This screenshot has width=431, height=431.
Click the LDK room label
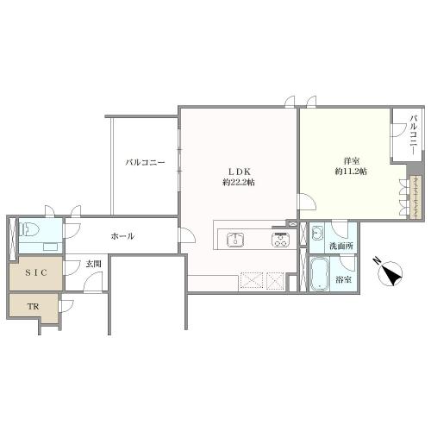coord(240,172)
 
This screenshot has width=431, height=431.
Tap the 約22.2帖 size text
coord(239,183)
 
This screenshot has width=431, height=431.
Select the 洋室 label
coord(352,161)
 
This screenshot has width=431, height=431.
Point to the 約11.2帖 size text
coord(351,172)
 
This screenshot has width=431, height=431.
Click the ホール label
coord(122,236)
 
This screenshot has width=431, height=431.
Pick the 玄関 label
coord(94,264)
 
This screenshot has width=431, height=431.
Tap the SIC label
coord(36,272)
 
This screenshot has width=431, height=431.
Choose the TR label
coord(33,307)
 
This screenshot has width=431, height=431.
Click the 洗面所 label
coord(341,246)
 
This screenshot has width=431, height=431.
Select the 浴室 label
coord(344,279)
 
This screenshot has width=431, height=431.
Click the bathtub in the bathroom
coord(319,273)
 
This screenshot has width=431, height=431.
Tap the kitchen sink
coord(235,240)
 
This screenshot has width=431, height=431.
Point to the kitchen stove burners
coord(280,240)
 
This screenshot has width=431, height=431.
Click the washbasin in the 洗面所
coord(317,232)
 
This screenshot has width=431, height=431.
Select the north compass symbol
coord(390,273)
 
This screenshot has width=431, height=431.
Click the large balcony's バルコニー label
coord(145,163)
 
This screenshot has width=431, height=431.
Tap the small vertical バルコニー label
coord(414,134)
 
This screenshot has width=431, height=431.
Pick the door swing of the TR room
coord(66,306)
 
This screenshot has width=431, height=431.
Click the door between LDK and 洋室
coord(308,202)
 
